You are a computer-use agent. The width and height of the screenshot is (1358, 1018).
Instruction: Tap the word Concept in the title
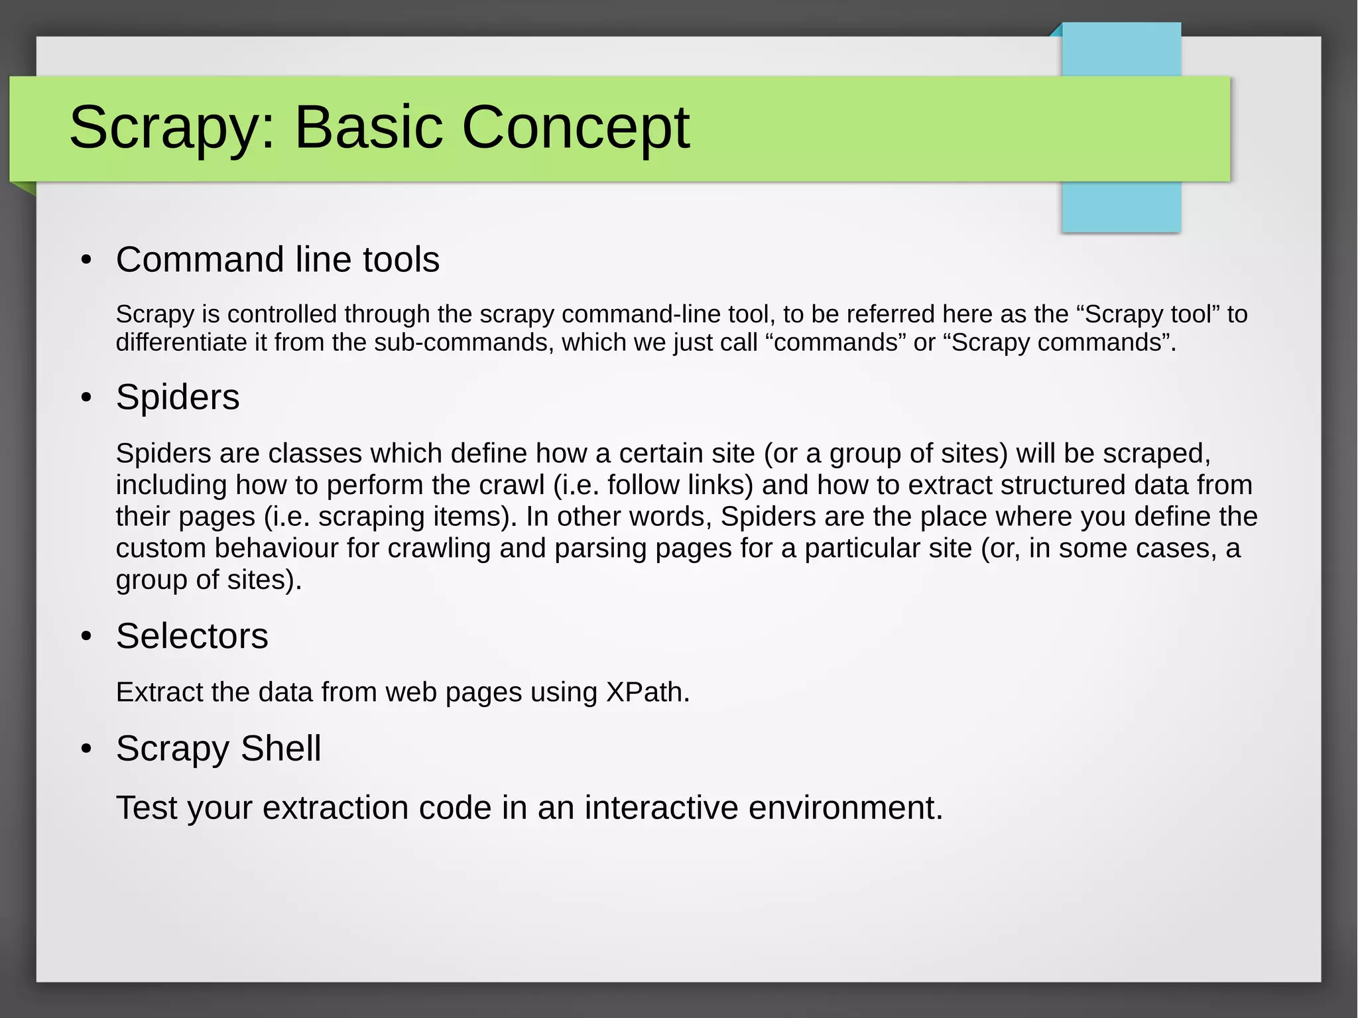[x=575, y=128]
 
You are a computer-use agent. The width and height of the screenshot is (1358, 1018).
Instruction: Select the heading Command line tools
[x=277, y=259]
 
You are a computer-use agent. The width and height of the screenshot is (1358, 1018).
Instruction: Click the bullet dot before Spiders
[x=86, y=398]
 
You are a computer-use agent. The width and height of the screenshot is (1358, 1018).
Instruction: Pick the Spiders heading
[x=177, y=397]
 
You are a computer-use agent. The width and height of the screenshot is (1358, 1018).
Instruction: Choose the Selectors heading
[x=192, y=636]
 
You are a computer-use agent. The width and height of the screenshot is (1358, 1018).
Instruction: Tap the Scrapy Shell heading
[x=218, y=748]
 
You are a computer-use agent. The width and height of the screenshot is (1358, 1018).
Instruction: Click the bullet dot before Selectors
[x=86, y=637]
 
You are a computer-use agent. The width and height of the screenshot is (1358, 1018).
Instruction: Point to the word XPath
[x=647, y=692]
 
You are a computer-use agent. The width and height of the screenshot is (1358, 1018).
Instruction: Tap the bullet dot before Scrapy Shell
[x=86, y=749]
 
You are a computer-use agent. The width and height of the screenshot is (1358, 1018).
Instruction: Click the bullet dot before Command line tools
[x=86, y=260]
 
